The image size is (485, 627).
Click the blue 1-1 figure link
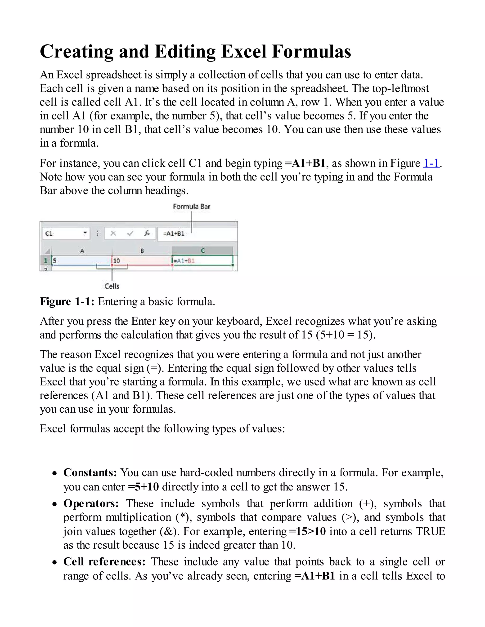click(x=431, y=163)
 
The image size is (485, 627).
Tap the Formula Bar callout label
click(x=191, y=206)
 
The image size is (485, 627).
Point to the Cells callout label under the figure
click(x=112, y=286)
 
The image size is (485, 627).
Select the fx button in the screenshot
click(x=147, y=233)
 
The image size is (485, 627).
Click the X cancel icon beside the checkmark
click(x=113, y=233)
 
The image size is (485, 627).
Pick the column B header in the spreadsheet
click(x=142, y=251)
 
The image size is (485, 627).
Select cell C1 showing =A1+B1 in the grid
click(x=202, y=261)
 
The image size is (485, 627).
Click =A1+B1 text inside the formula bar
click(x=174, y=233)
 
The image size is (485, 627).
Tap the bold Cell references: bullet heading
click(x=105, y=561)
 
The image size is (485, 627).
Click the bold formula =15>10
click(x=307, y=531)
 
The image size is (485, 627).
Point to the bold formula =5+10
click(x=143, y=487)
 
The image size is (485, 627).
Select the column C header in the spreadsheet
click(x=202, y=251)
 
